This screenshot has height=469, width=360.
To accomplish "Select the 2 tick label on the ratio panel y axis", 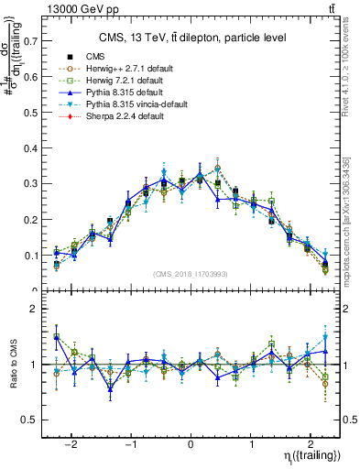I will pyautogui.click(x=35, y=310).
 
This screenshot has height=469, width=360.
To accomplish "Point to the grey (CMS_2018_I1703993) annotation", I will pyautogui.click(x=190, y=274).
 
